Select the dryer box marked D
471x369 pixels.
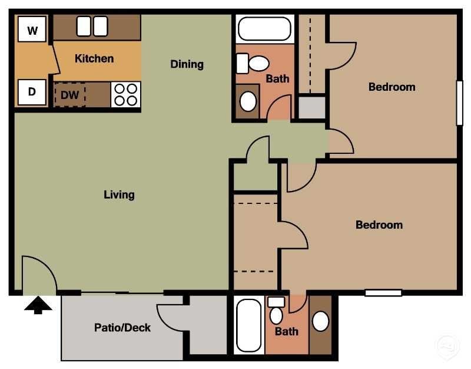pyautogui.click(x=32, y=92)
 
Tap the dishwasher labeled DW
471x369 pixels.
pyautogui.click(x=70, y=94)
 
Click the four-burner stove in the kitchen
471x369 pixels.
pyautogui.click(x=126, y=94)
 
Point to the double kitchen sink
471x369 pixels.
pyautogui.click(x=92, y=26)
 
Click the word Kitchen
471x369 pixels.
pyautogui.click(x=94, y=58)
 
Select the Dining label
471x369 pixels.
pyautogui.click(x=187, y=64)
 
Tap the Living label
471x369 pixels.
pyautogui.click(x=119, y=194)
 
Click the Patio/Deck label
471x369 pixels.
pyautogui.click(x=122, y=328)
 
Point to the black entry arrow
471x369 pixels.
pyautogui.click(x=38, y=305)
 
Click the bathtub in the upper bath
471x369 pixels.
pyautogui.click(x=264, y=28)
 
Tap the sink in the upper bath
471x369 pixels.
pyautogui.click(x=248, y=101)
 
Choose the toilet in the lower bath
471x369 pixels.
pyautogui.click(x=276, y=312)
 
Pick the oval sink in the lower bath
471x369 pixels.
pyautogui.click(x=321, y=321)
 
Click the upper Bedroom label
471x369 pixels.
pyautogui.click(x=392, y=87)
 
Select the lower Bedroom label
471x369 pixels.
pyautogui.click(x=379, y=225)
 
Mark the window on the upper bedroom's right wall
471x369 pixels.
pyautogui.click(x=459, y=103)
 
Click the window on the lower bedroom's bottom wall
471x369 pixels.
pyautogui.click(x=383, y=292)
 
